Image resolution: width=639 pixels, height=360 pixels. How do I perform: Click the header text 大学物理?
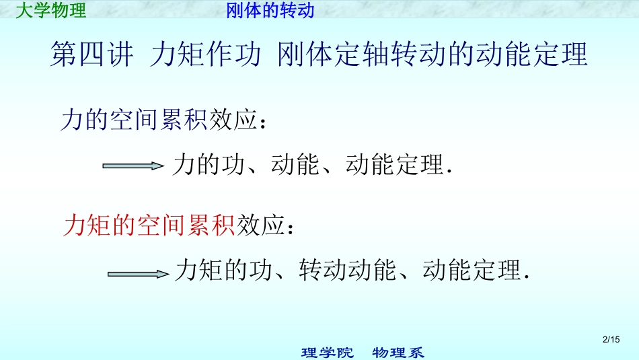coord(51,11)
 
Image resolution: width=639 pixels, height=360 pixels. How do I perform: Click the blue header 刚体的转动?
coord(270,11)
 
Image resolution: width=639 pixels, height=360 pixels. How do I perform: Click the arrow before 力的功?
coord(133,166)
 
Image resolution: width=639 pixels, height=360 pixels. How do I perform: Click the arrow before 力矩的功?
coord(137,273)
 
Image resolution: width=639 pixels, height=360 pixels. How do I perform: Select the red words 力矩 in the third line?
coord(85,225)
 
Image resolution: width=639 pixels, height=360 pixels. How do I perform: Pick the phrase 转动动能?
coord(347,271)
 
